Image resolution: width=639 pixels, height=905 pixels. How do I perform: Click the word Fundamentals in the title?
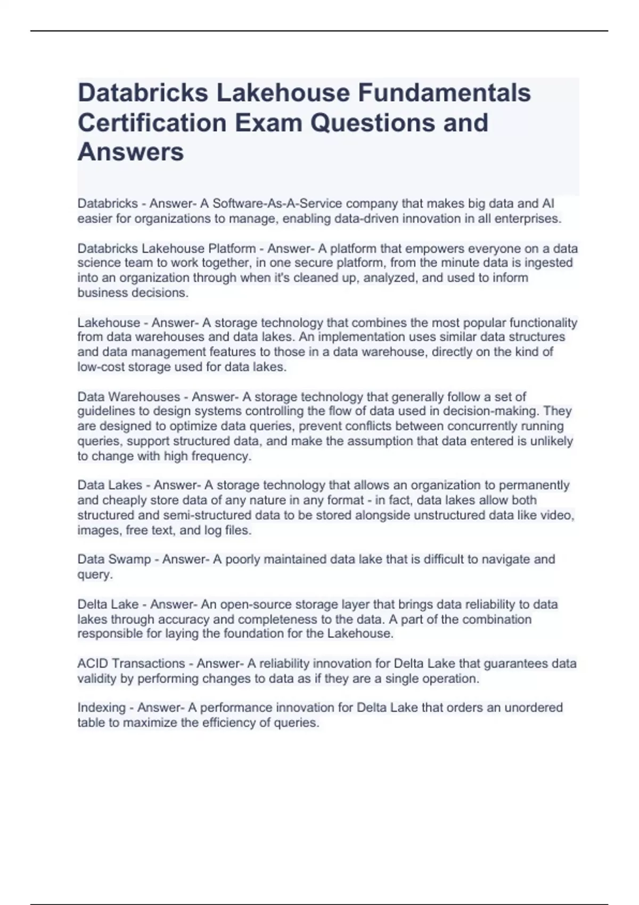pyautogui.click(x=444, y=93)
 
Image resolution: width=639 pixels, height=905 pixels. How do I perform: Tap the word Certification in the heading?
pyautogui.click(x=152, y=122)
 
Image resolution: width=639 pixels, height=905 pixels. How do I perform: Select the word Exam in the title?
pyautogui.click(x=268, y=122)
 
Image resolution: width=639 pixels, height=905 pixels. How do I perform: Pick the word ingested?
pyautogui.click(x=548, y=263)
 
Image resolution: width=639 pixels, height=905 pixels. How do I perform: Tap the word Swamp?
pyautogui.click(x=129, y=560)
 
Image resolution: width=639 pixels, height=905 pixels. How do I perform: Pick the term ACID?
pyautogui.click(x=93, y=664)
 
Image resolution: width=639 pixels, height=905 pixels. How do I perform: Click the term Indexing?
pyautogui.click(x=102, y=708)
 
